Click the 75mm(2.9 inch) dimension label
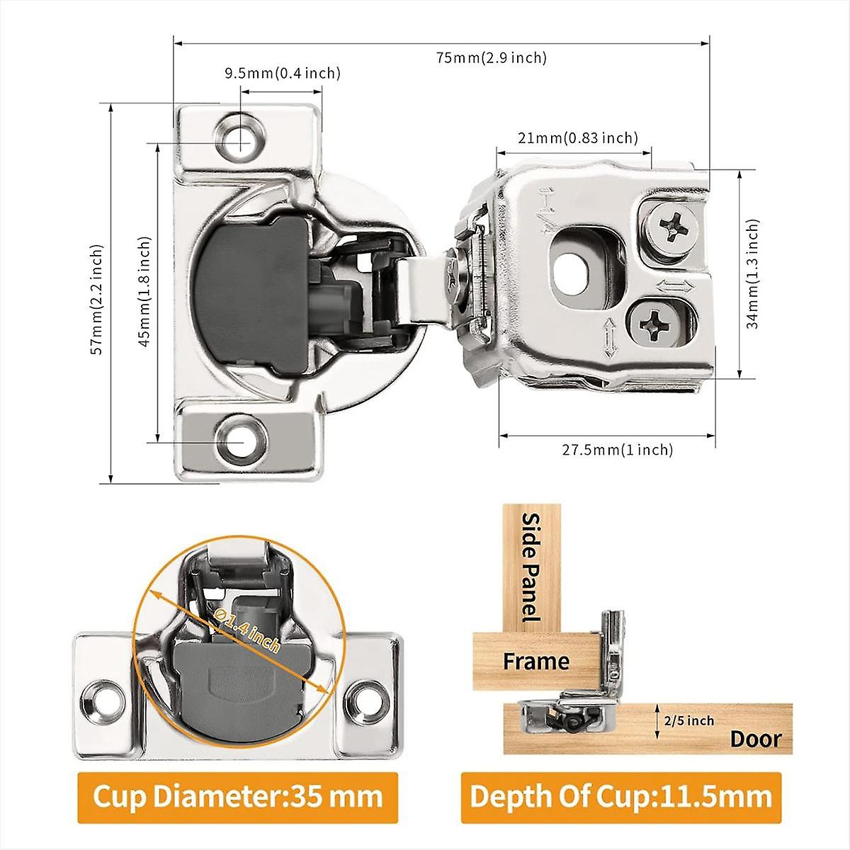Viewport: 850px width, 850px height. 491,58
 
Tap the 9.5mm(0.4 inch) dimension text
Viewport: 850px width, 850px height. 283,73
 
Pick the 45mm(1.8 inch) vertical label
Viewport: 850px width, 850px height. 144,290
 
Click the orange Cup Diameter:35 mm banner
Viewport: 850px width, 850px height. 238,797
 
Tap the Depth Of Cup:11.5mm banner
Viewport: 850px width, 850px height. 620,797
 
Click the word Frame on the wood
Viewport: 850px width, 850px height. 535,662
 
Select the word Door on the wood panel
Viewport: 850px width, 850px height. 756,739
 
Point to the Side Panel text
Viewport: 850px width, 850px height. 531,567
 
